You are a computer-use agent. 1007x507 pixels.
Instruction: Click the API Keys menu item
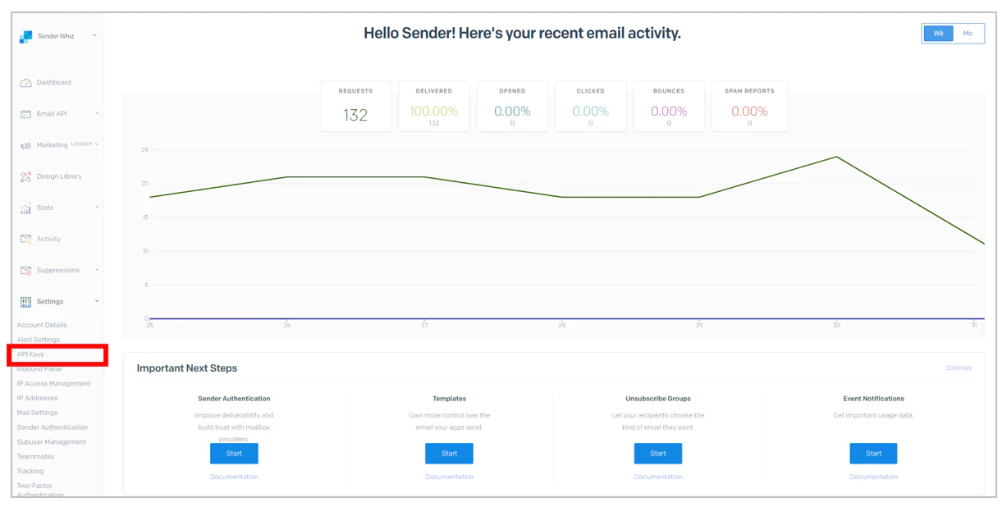pos(31,354)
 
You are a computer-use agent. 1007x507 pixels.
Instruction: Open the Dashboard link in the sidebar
pos(53,83)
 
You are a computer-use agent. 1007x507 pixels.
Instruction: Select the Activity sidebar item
pos(48,240)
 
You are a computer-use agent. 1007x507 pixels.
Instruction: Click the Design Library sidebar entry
pos(59,176)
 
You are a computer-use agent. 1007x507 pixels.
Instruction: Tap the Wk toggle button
pos(938,34)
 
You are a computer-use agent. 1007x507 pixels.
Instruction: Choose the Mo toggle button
pos(968,34)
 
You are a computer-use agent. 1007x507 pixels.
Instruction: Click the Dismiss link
pos(959,368)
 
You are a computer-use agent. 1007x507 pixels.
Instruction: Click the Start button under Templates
pos(449,454)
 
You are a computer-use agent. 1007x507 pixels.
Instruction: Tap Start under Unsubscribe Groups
pos(657,454)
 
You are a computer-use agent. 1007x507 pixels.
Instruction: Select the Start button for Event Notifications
pos(873,454)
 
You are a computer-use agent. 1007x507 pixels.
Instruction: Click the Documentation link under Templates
pos(449,477)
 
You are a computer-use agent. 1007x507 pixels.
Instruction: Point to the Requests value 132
pos(355,116)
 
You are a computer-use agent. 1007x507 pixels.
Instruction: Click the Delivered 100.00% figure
pos(434,112)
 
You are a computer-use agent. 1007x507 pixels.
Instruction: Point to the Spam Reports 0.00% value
pos(749,112)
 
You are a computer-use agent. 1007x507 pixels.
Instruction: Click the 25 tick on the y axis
pos(144,150)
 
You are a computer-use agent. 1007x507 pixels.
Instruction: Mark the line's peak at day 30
pos(836,157)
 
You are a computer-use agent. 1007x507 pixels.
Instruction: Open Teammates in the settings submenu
pos(35,457)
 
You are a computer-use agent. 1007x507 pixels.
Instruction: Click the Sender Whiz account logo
pos(26,36)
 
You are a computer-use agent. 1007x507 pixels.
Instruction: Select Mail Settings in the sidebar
pos(37,413)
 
